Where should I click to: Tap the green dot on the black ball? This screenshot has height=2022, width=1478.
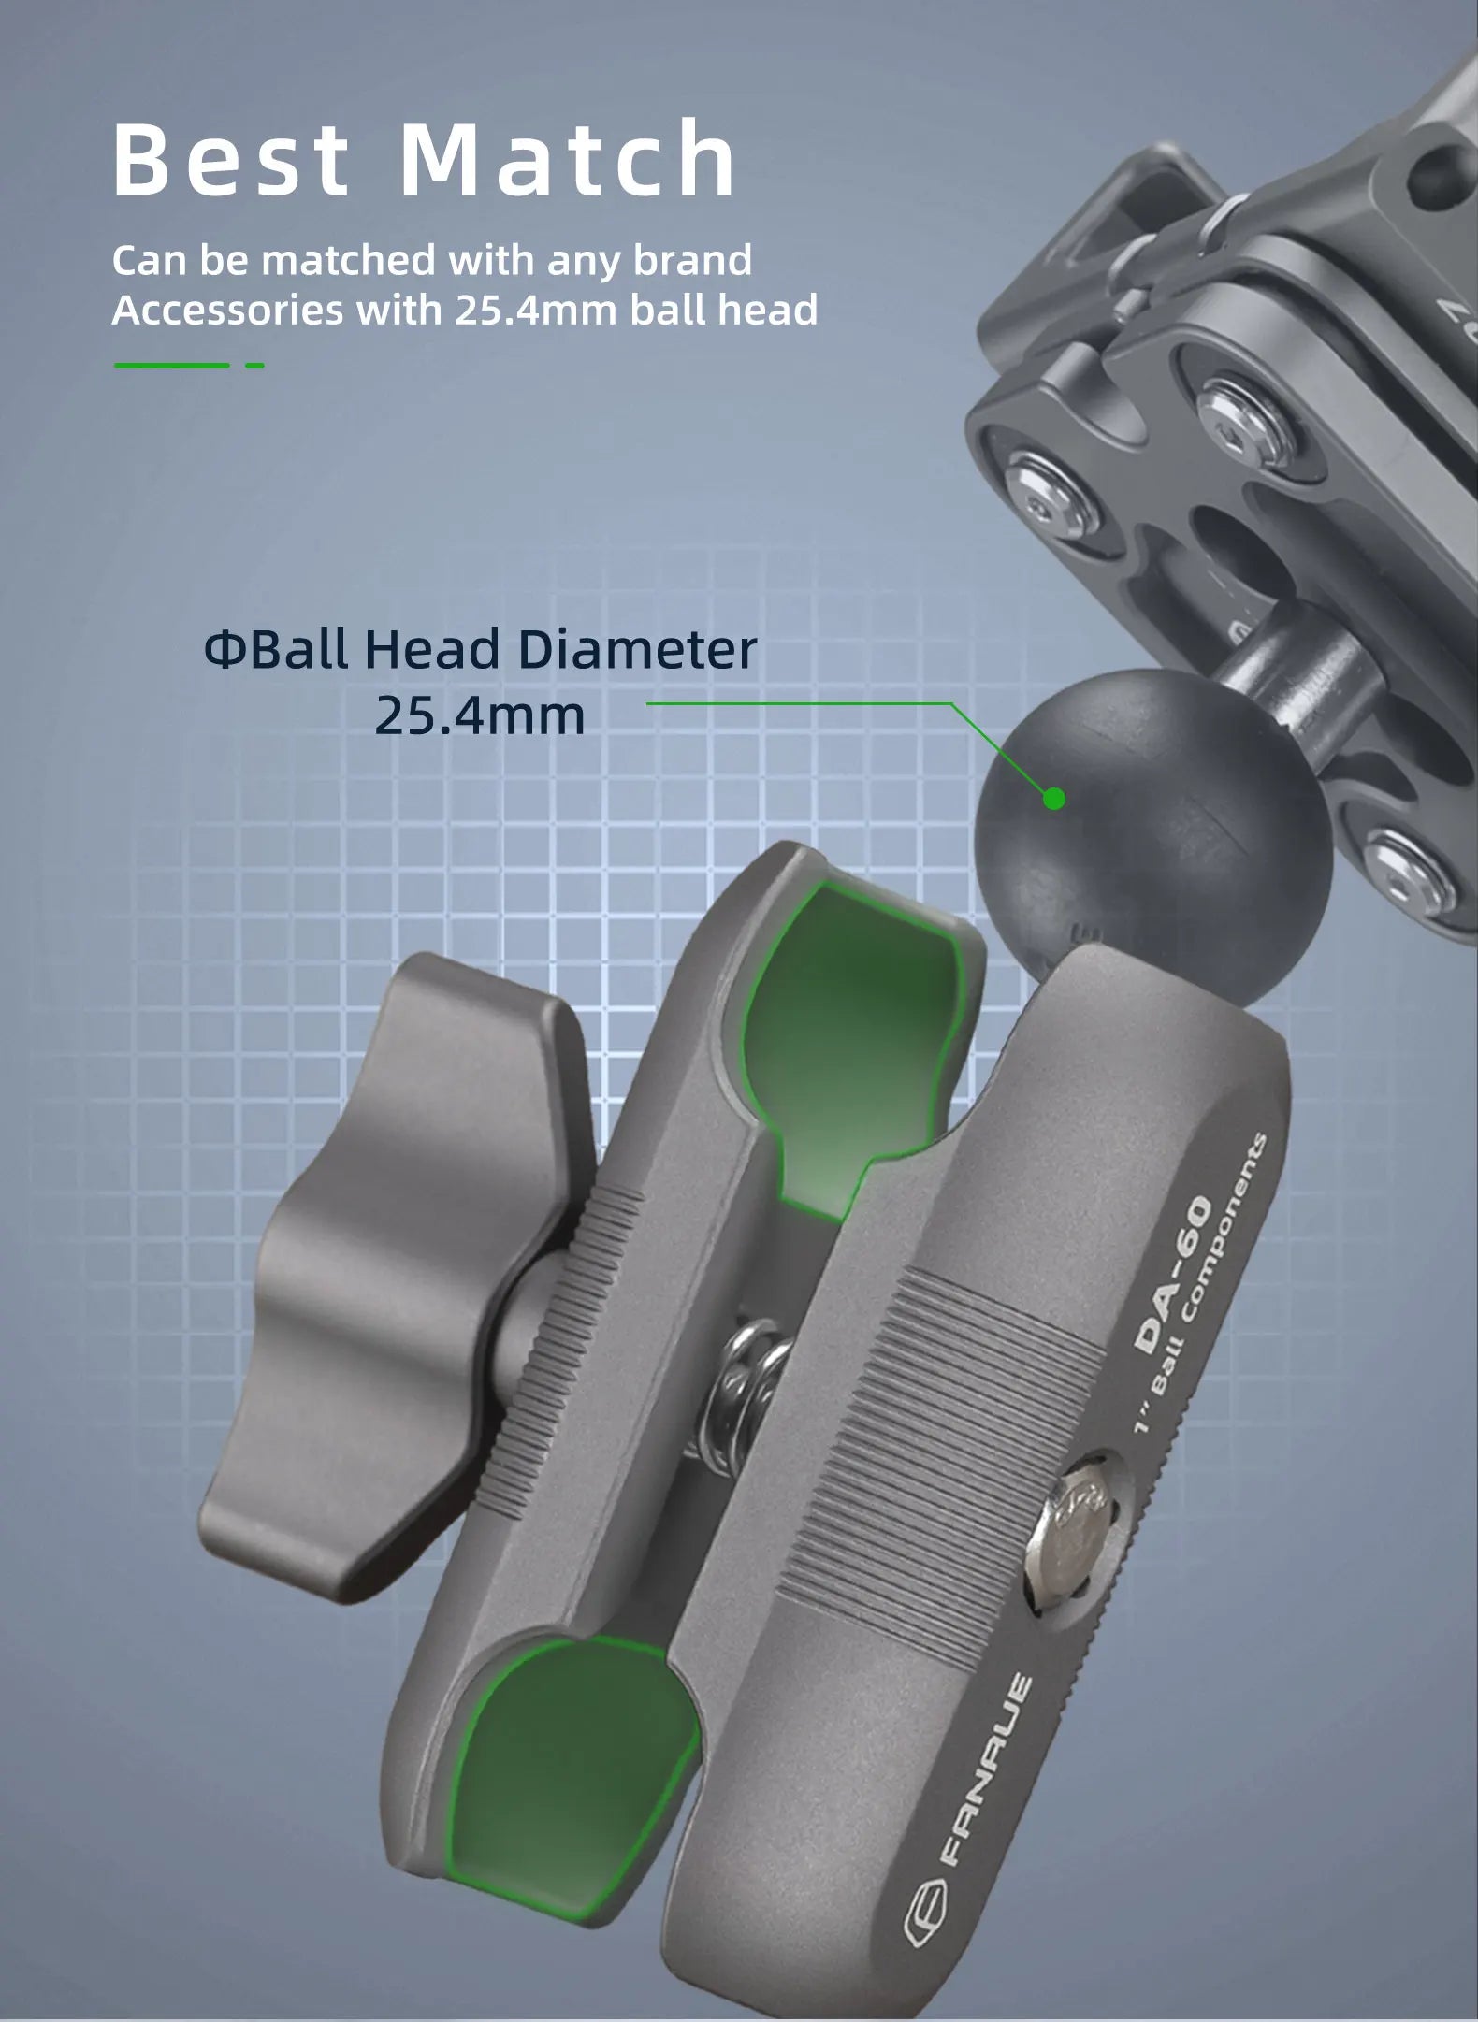click(x=1054, y=799)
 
